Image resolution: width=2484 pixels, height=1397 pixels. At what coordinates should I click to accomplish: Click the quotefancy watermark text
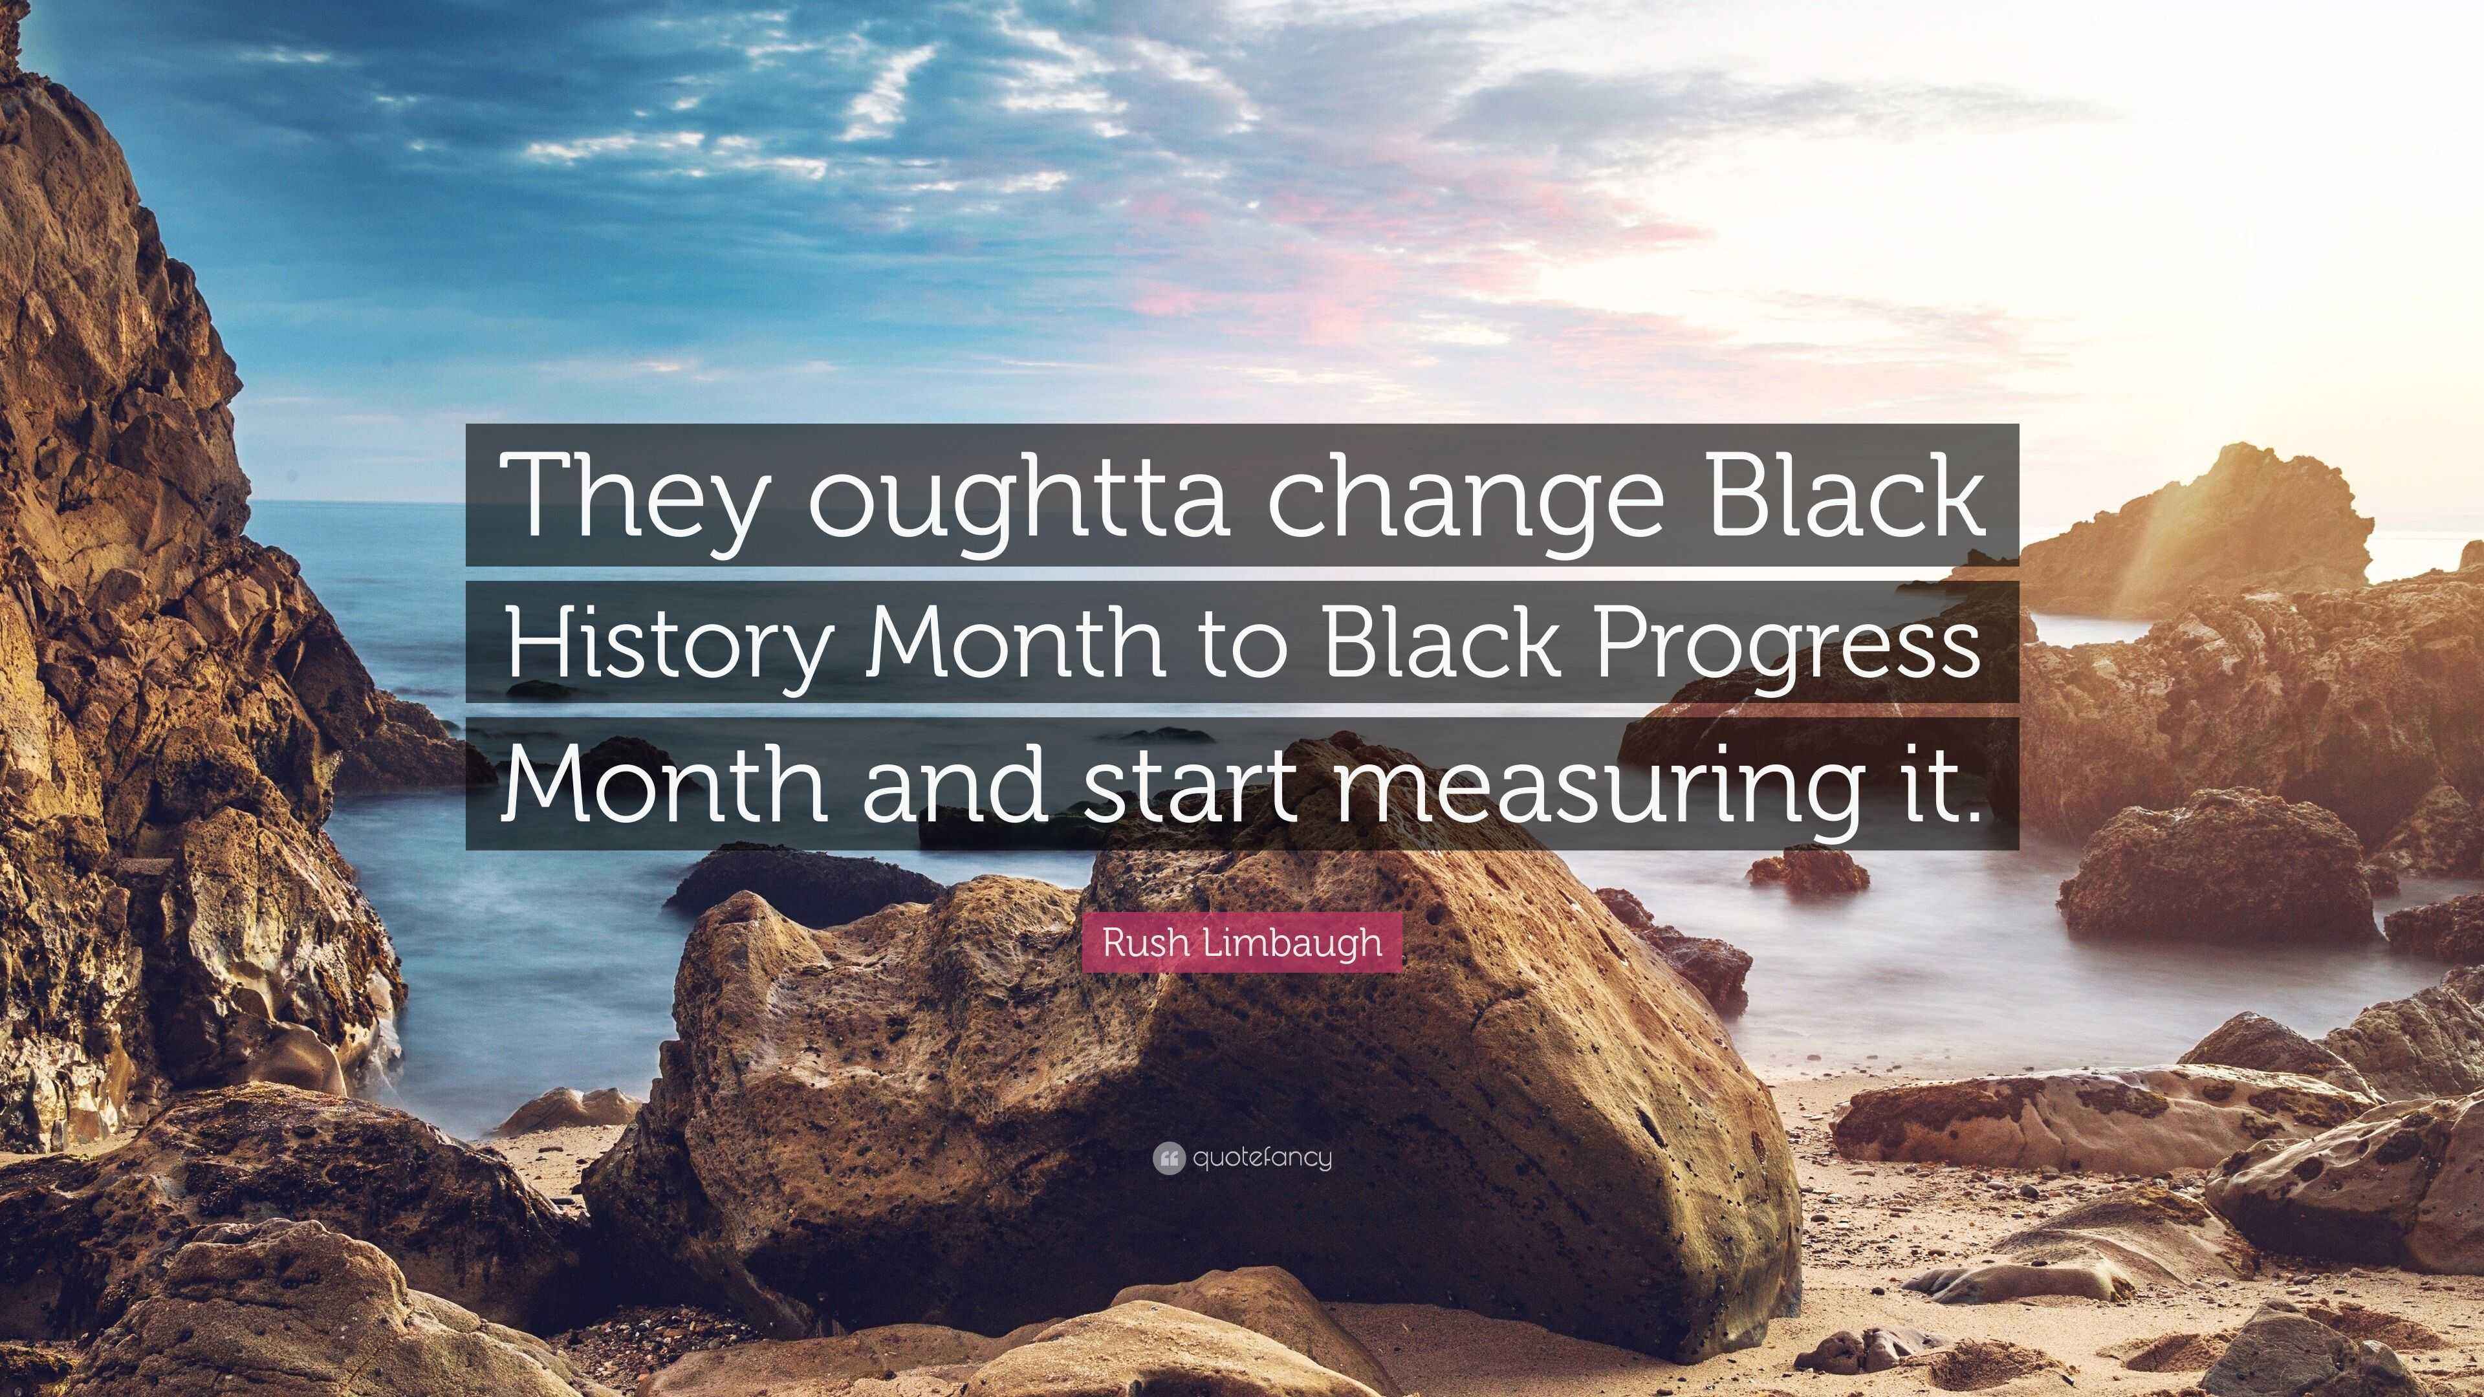coord(1262,1158)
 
